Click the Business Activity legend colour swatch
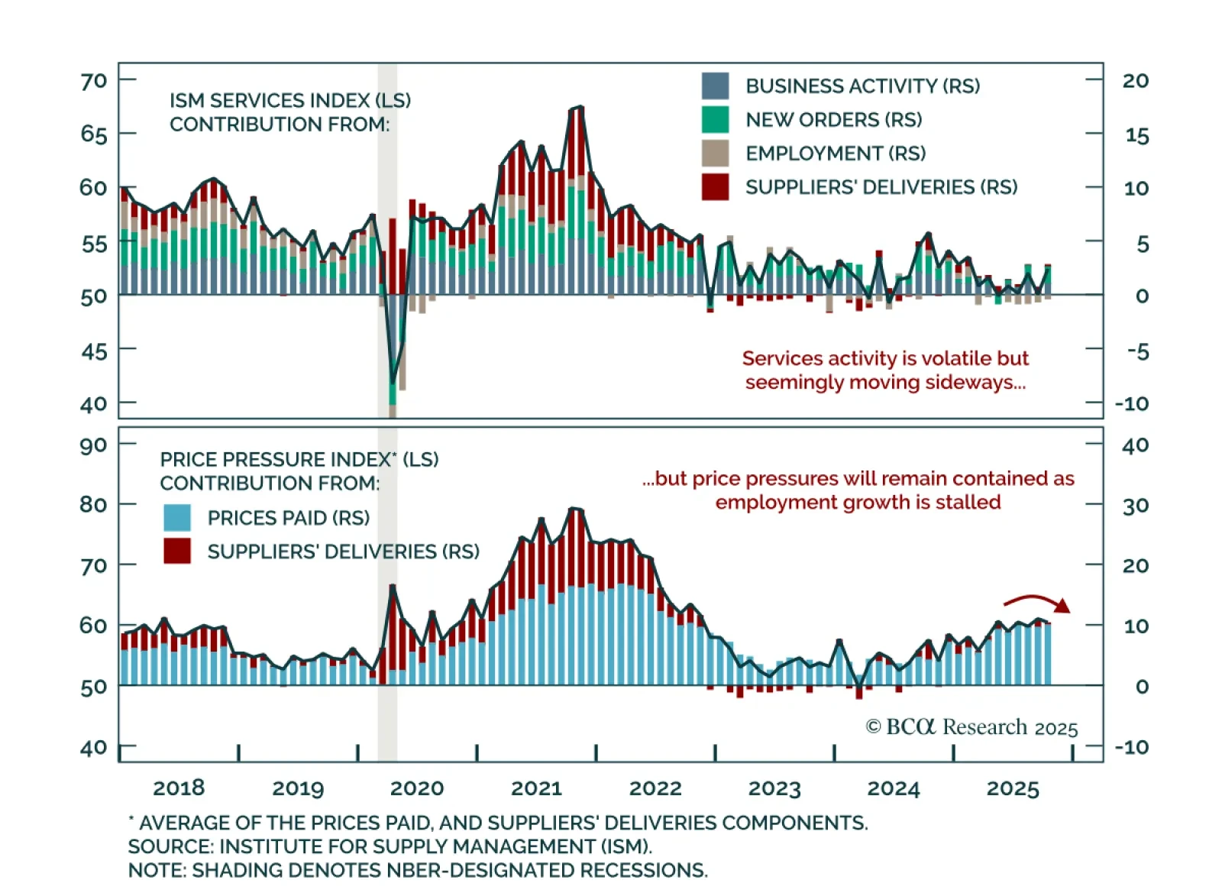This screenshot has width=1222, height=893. (x=715, y=86)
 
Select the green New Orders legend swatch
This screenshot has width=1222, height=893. (x=715, y=120)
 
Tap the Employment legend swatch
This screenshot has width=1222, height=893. (x=715, y=154)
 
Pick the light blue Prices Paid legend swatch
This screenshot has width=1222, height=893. (x=177, y=518)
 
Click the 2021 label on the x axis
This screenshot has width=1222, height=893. (x=536, y=788)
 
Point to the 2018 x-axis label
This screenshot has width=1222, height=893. (x=179, y=788)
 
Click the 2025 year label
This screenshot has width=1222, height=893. (x=1013, y=788)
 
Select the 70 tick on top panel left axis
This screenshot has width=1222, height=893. (x=94, y=81)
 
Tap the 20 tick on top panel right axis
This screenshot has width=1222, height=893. (x=1135, y=81)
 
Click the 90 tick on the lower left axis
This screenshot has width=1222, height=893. (x=94, y=445)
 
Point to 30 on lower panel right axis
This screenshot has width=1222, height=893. (x=1135, y=506)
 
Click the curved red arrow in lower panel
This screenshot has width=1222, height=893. (x=1037, y=603)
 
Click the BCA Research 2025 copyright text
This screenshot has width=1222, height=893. (x=971, y=727)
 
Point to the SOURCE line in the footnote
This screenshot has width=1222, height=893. (x=390, y=846)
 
